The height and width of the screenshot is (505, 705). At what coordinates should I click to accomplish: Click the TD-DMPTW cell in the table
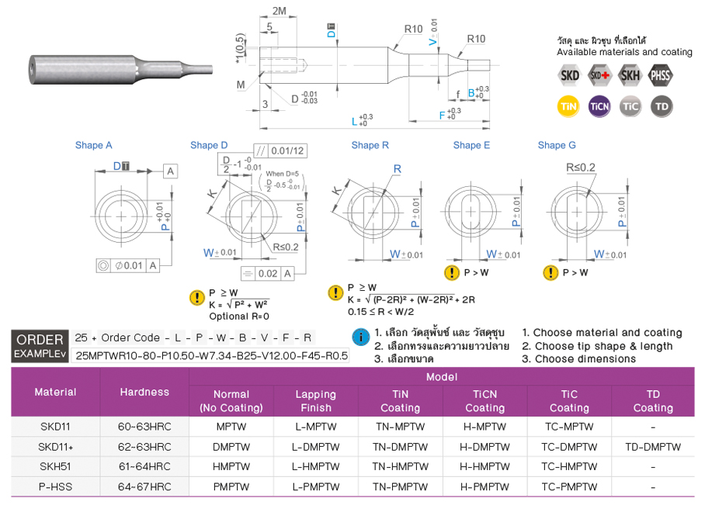pyautogui.click(x=652, y=447)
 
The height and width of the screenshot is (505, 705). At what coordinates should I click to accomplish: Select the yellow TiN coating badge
pyautogui.click(x=569, y=106)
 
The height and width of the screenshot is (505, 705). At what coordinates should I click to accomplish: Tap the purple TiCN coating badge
pyautogui.click(x=599, y=106)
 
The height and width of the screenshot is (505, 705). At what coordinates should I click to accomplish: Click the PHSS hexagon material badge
pyautogui.click(x=661, y=75)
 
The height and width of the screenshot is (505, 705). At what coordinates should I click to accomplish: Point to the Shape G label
pyautogui.click(x=557, y=145)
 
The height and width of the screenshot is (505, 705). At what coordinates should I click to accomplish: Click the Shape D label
pyautogui.click(x=209, y=145)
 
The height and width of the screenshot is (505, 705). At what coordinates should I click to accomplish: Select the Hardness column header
pyautogui.click(x=144, y=392)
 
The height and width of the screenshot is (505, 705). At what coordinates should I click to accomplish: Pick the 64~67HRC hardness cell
pyautogui.click(x=144, y=487)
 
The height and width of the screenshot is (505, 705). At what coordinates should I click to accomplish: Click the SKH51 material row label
pyautogui.click(x=55, y=467)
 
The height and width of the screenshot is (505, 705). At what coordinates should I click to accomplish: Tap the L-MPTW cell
pyautogui.click(x=315, y=427)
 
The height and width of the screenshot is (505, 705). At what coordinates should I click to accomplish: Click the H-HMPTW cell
pyautogui.click(x=484, y=467)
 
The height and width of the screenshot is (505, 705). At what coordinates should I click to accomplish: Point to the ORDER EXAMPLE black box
pyautogui.click(x=40, y=346)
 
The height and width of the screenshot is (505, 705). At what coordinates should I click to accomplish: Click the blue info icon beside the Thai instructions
pyautogui.click(x=360, y=337)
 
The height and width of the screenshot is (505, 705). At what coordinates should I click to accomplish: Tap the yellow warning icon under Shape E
pyautogui.click(x=451, y=272)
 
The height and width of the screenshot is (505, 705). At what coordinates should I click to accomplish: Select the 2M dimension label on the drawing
pyautogui.click(x=280, y=10)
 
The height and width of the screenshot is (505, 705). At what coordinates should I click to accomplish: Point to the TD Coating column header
pyautogui.click(x=652, y=401)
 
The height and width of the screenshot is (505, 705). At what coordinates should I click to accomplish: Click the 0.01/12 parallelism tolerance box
pyautogui.click(x=280, y=150)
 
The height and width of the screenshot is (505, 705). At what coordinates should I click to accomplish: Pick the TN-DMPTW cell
pyautogui.click(x=400, y=447)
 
